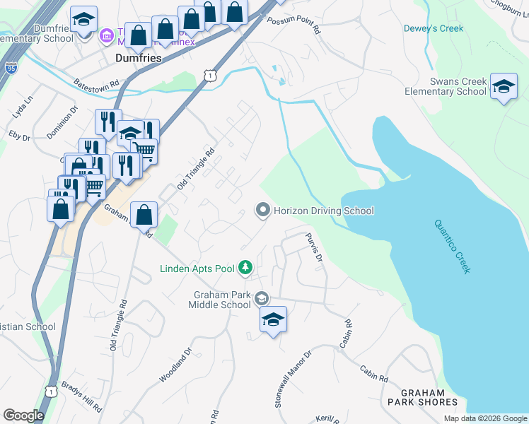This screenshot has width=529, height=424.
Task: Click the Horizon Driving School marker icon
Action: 263,211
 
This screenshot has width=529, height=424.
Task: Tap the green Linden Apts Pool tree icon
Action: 245,267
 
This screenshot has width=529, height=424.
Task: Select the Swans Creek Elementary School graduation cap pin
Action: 503,88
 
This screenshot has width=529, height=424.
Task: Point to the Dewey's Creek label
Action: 433,28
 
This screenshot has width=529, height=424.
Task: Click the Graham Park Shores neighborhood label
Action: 422,397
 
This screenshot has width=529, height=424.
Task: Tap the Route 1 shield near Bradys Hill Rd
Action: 51,391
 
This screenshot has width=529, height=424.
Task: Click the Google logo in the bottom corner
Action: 23,416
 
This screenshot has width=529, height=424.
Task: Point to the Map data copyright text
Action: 484,418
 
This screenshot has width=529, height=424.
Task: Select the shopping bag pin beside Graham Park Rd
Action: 144,214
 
